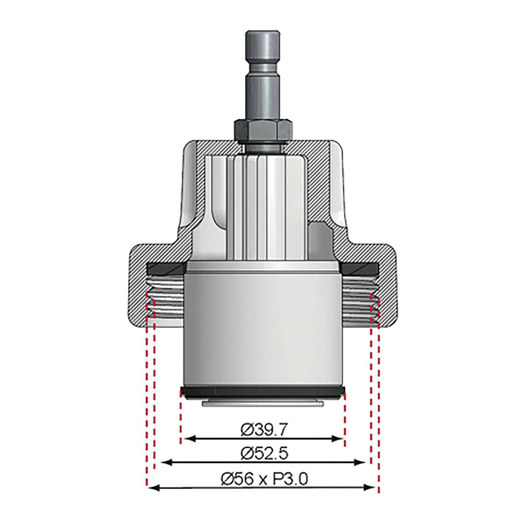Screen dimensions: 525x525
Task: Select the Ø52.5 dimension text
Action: pos(264,454)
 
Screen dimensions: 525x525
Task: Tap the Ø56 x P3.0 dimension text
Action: pos(264,479)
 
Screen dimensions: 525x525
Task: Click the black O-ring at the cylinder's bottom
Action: pos(262,393)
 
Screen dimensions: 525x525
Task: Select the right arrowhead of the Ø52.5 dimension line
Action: pos(362,462)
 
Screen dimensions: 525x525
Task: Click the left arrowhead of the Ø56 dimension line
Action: pos(152,488)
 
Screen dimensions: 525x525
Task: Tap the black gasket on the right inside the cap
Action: pos(360,269)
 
